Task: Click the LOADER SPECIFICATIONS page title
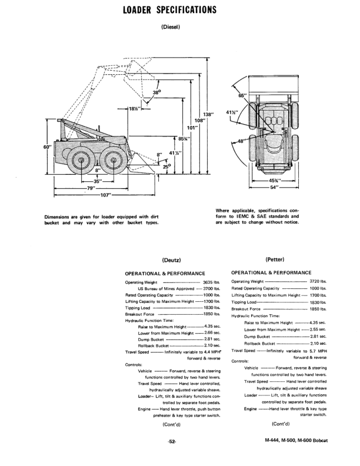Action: [170, 10]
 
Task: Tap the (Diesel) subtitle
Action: [170, 26]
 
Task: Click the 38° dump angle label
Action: [157, 93]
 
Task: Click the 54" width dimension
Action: [274, 187]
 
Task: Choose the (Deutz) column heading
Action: [170, 260]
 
